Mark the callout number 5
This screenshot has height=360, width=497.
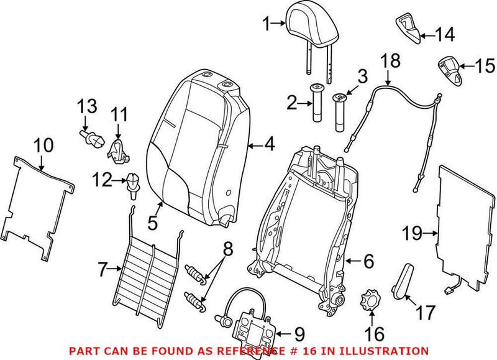152,220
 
